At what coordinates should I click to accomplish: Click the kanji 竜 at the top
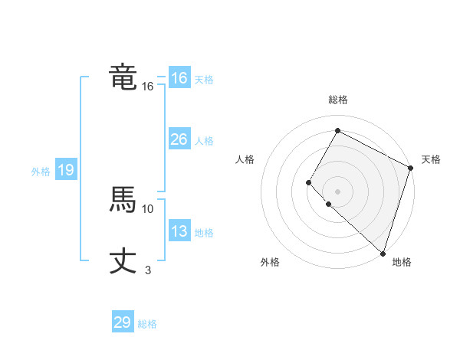tap(123, 78)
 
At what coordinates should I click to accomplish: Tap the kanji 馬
tap(123, 201)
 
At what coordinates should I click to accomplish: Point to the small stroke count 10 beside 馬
tap(148, 208)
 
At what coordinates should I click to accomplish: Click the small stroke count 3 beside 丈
tap(148, 270)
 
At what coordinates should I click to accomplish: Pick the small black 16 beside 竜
tap(148, 87)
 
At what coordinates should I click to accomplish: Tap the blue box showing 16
tap(179, 78)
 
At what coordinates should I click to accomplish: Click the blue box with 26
tap(179, 139)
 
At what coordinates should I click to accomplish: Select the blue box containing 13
tap(179, 231)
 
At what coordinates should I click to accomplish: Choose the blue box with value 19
tap(66, 170)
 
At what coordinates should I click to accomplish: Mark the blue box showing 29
tap(123, 322)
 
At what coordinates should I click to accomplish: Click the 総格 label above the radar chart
tap(337, 100)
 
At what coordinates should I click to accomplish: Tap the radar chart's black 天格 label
tap(431, 159)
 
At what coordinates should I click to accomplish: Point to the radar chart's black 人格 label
tap(245, 159)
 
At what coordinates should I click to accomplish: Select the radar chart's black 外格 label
tap(270, 262)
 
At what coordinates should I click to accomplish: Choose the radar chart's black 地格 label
tap(402, 262)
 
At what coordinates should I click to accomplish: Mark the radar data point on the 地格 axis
tap(383, 253)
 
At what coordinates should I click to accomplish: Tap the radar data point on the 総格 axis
tap(337, 130)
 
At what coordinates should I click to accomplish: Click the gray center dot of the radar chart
tap(337, 191)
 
